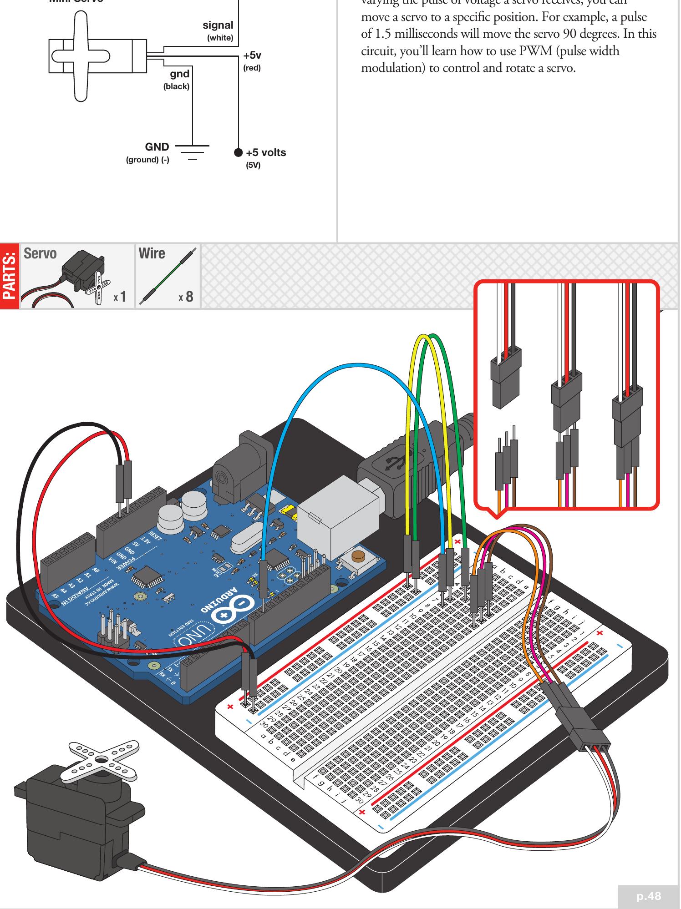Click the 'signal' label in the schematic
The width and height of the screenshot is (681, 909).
(218, 25)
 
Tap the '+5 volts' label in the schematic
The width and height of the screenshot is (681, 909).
(266, 152)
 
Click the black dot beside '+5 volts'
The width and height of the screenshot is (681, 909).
(238, 152)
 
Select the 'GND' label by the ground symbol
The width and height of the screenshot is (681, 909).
(157, 147)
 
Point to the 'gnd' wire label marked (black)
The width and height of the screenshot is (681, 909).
(179, 74)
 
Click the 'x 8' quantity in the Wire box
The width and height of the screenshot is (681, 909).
(186, 297)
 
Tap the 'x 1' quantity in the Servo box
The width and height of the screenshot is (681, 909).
(120, 297)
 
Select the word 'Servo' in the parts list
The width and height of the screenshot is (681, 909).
(40, 253)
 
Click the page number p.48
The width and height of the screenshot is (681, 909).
(649, 896)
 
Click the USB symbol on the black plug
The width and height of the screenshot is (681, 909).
(392, 463)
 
